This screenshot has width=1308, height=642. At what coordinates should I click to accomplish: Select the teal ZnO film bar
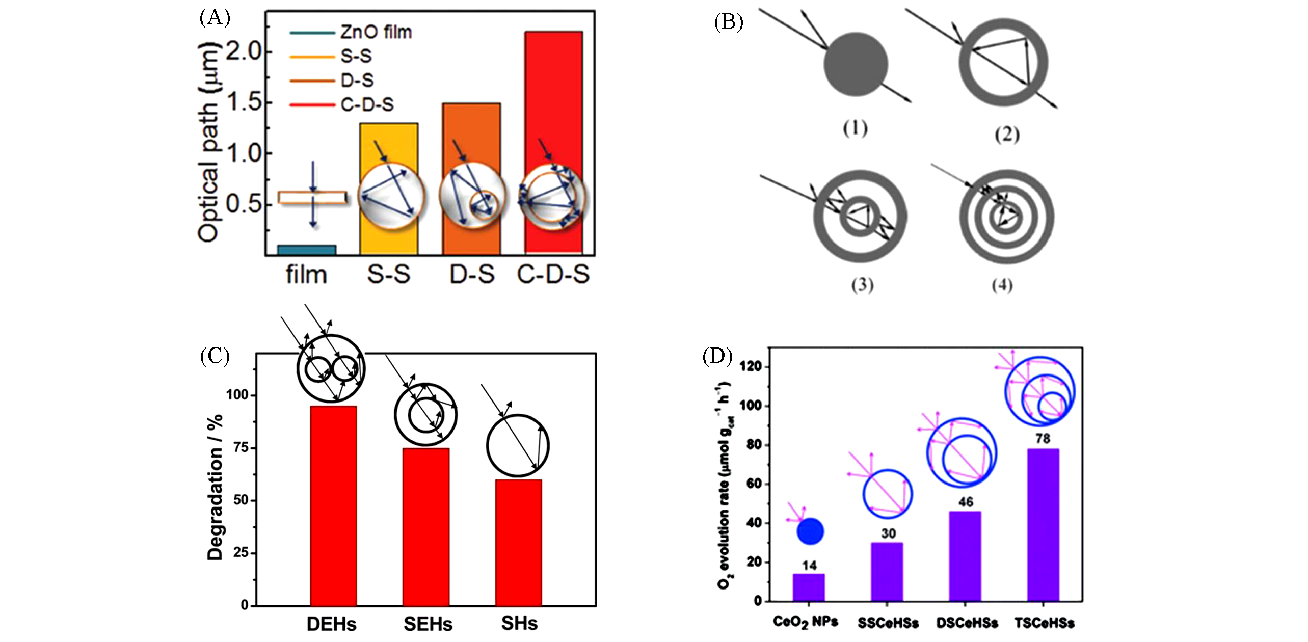(306, 250)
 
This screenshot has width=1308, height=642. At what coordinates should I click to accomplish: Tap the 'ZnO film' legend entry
(376, 32)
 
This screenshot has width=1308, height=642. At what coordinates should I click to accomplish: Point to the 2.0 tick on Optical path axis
(243, 51)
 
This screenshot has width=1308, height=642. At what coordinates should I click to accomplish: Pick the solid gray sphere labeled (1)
(856, 64)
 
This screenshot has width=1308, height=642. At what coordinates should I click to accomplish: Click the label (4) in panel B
(1002, 285)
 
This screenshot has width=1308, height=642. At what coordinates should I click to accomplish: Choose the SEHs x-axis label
(428, 624)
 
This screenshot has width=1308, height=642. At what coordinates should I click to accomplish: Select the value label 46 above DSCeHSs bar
(966, 502)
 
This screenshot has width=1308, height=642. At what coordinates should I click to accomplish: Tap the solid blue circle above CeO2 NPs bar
(810, 531)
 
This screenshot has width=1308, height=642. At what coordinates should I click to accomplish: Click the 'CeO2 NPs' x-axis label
(805, 622)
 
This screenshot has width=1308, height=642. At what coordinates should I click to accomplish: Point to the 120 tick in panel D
(753, 366)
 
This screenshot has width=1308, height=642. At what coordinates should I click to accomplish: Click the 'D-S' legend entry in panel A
(357, 80)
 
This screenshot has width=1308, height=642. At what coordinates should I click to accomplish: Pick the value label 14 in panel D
(809, 565)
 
